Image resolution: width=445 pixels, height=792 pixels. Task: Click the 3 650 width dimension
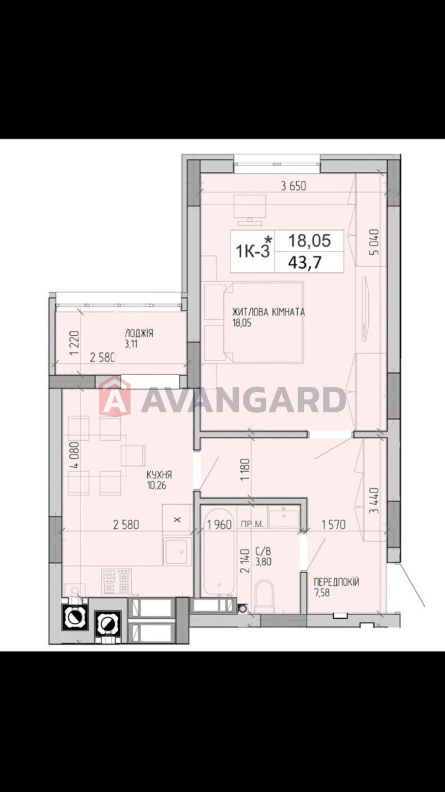pyautogui.click(x=294, y=186)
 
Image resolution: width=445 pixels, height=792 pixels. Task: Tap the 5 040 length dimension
pyautogui.click(x=375, y=242)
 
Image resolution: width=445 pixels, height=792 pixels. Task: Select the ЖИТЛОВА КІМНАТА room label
pyautogui.click(x=268, y=312)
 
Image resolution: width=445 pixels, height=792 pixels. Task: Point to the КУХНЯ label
pyautogui.click(x=159, y=474)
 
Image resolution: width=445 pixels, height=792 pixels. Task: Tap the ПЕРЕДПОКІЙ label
pyautogui.click(x=337, y=582)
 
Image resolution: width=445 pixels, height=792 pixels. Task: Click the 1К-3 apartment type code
pyautogui.click(x=253, y=252)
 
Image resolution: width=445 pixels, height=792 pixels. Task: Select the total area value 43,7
pyautogui.click(x=305, y=262)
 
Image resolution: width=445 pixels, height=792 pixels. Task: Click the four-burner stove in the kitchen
pyautogui.click(x=117, y=581)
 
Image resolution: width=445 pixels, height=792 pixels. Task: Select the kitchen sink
pyautogui.click(x=178, y=551)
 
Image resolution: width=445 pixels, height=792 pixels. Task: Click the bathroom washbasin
pyautogui.click(x=284, y=518)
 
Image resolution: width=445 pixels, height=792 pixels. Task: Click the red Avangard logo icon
pyautogui.click(x=114, y=396)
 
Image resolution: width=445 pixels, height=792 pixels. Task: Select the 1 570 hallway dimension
pyautogui.click(x=333, y=525)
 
